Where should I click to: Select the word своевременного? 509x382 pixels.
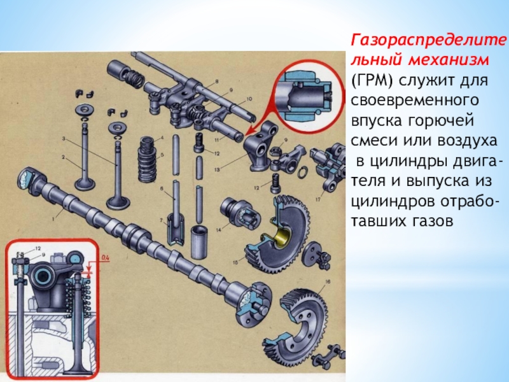[x=415, y=101]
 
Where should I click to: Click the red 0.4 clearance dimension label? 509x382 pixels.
[x=105, y=258]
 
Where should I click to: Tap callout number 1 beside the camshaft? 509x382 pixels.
[x=53, y=219]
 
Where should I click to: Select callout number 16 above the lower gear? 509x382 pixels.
[x=328, y=281]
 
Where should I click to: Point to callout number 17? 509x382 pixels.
[x=318, y=199]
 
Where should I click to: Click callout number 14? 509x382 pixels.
[x=218, y=230]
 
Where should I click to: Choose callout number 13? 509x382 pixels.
[x=217, y=169]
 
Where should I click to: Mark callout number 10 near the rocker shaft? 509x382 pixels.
[x=249, y=99]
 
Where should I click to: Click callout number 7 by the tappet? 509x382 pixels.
[x=162, y=220]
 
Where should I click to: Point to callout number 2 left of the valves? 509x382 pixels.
[x=64, y=157]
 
